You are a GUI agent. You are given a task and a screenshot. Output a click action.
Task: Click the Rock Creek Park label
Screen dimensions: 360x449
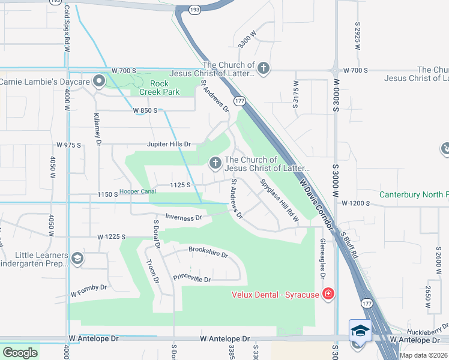tap(160, 88)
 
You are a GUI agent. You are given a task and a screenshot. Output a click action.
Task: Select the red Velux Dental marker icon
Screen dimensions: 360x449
tap(328, 293)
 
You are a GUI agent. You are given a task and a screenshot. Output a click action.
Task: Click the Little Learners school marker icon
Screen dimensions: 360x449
tap(77, 259)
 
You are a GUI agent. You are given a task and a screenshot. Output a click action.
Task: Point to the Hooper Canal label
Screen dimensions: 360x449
tap(137, 191)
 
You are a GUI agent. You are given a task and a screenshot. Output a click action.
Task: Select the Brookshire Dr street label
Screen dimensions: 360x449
tap(208, 251)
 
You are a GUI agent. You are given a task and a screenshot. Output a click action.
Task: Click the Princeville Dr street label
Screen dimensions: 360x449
tap(192, 278)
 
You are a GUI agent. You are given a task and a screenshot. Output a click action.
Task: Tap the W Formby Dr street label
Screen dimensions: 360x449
tap(88, 291)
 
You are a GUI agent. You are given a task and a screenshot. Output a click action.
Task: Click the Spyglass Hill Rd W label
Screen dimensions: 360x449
tap(280, 200)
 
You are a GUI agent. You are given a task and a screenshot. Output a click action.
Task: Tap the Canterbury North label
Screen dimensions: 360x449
tap(414, 194)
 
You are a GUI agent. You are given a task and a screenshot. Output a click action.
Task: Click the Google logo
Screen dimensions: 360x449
tap(20, 353)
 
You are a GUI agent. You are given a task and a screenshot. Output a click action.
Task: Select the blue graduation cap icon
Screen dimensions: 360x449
tap(360, 331)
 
